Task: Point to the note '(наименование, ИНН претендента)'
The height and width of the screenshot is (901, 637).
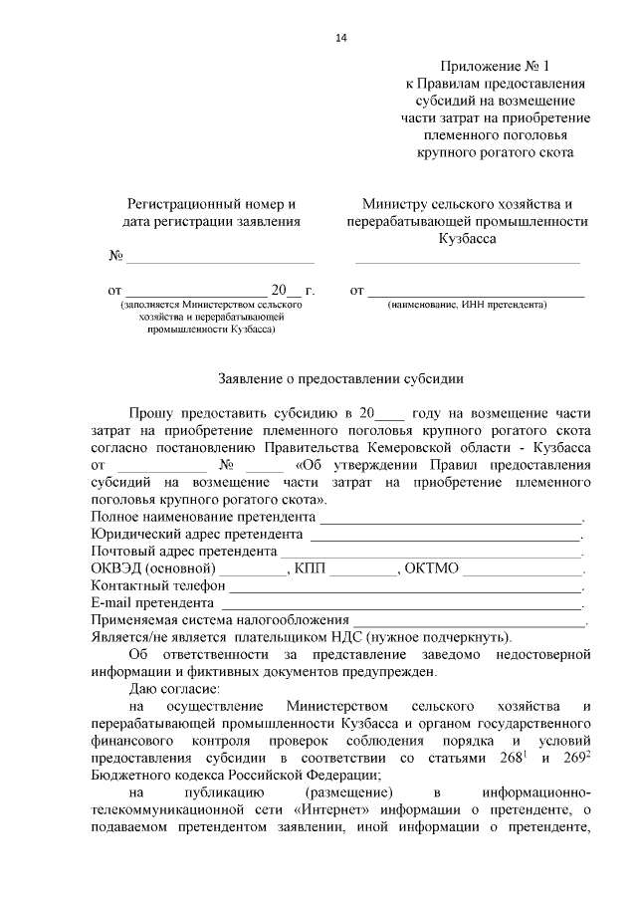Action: tap(468, 306)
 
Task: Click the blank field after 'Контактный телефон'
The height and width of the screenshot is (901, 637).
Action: tap(397, 586)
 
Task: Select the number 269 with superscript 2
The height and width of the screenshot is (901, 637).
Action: tap(575, 758)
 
